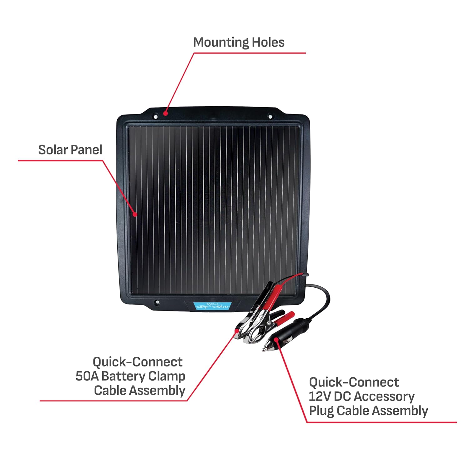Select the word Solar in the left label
pos(52,150)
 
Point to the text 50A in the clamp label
pos(87,376)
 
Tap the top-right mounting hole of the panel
pos(270,117)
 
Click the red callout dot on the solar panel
pos(135,214)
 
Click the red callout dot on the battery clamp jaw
pos(236,333)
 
